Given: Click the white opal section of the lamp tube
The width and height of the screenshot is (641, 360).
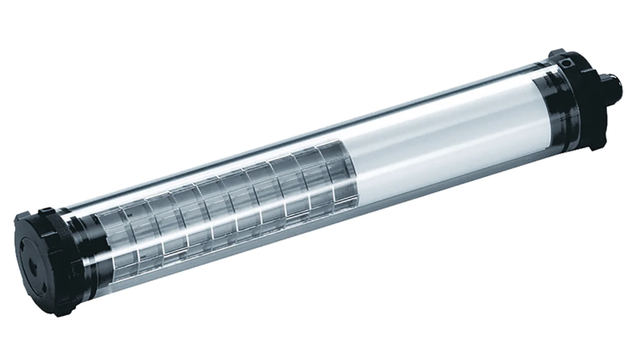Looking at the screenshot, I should point(433,144).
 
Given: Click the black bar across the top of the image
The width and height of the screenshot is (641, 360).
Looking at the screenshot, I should point(320,18).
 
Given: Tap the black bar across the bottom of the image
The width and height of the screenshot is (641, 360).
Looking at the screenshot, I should point(320,343).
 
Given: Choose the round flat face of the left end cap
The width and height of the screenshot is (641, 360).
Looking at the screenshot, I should point(34,266).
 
